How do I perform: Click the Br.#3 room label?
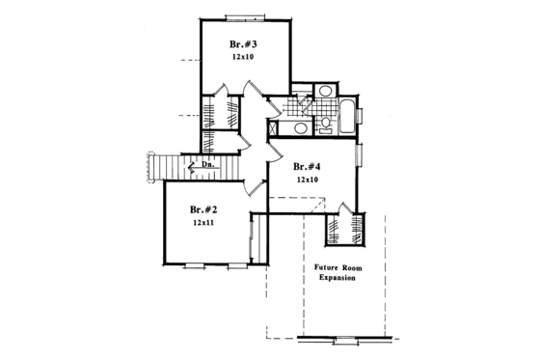coord(242,43)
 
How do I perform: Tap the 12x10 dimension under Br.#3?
coord(242,57)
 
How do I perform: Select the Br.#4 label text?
coord(307,166)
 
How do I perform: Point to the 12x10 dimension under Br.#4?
coord(307,180)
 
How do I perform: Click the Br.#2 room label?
coord(202,208)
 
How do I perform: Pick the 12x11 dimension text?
coord(202,223)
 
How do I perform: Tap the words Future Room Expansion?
coord(335,272)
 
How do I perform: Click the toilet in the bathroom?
coord(325,123)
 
